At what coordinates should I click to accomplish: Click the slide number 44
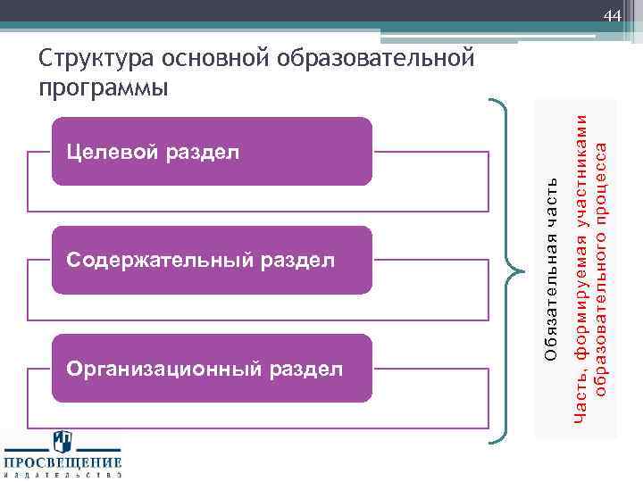coord(612,16)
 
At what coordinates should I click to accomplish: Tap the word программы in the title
coord(104,88)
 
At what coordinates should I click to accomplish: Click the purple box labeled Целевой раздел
coord(211,151)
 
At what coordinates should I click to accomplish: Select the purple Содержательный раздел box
coord(211,260)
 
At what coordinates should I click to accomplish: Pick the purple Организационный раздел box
coord(211,368)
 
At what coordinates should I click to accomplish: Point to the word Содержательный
coord(158,261)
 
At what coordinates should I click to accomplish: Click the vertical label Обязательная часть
coord(551,269)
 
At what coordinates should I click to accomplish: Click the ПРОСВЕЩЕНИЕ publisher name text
coord(63,462)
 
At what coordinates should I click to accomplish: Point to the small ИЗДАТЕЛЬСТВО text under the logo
coord(63,476)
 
